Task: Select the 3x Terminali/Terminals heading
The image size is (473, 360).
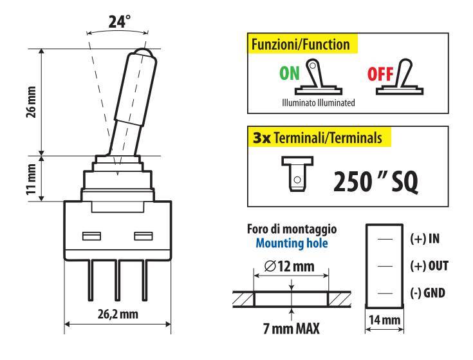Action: [x=320, y=137]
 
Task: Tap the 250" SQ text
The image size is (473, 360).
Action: [x=376, y=183]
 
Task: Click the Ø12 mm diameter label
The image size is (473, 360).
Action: [x=291, y=265]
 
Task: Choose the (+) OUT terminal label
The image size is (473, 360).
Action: [x=429, y=265]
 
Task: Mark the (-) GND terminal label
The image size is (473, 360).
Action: [x=428, y=293]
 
